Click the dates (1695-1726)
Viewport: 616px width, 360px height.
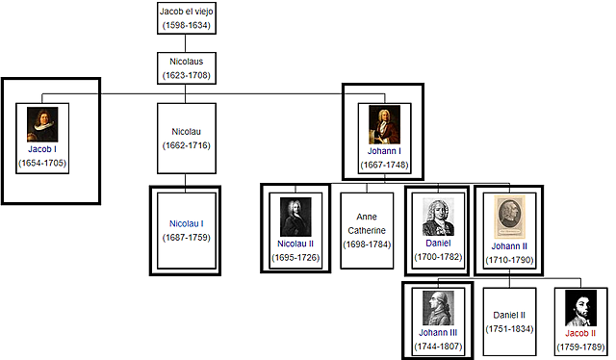click(295, 257)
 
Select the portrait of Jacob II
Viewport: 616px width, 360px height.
click(579, 308)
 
